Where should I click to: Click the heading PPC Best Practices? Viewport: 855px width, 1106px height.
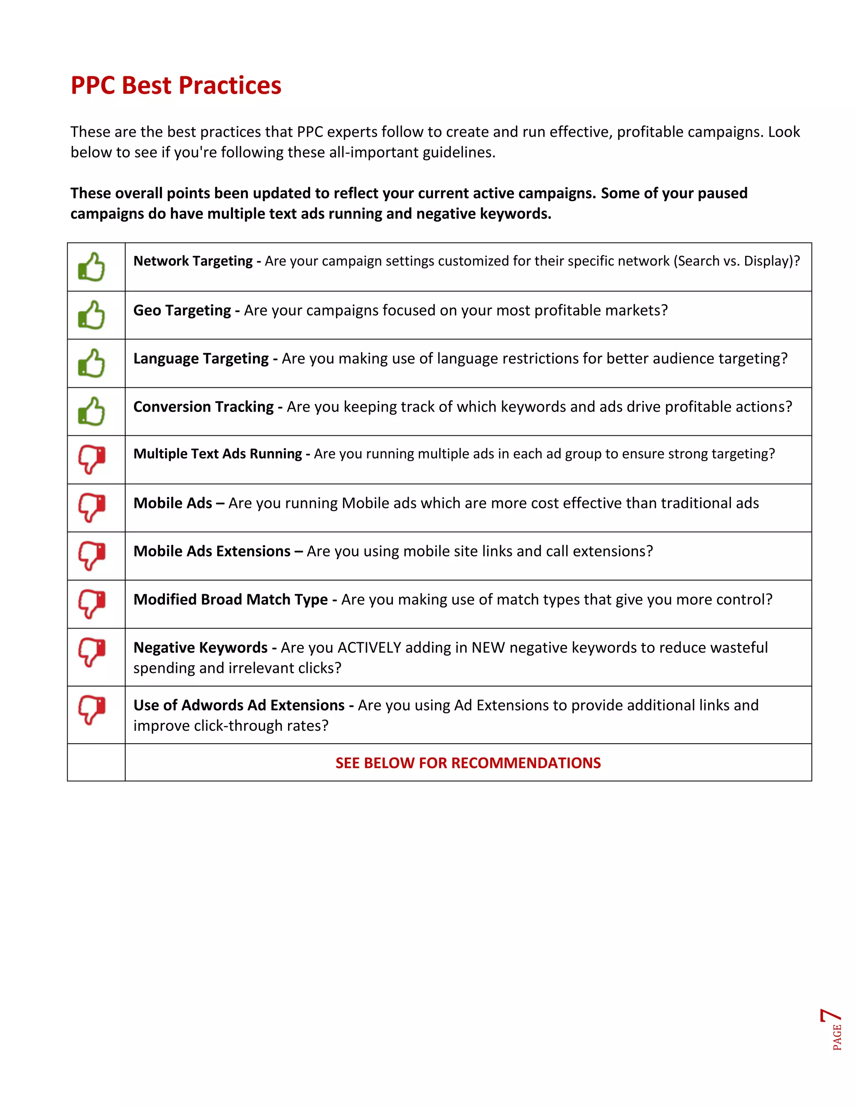(x=176, y=85)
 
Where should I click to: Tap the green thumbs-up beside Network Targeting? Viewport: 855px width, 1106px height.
(x=92, y=267)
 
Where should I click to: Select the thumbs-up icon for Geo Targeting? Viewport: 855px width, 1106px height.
(x=92, y=315)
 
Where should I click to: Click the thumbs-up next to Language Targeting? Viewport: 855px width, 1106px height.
(x=92, y=363)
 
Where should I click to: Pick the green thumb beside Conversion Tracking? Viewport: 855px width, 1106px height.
(x=92, y=411)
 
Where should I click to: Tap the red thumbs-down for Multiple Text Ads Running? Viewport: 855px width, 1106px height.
(x=92, y=460)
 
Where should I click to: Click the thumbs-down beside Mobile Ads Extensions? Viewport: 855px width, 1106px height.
(x=92, y=556)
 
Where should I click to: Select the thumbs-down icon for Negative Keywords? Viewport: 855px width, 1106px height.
(x=92, y=653)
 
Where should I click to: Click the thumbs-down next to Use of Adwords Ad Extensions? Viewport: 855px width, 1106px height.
(x=92, y=710)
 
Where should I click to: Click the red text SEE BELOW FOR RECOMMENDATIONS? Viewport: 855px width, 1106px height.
(x=468, y=763)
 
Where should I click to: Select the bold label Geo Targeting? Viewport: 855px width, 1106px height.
(x=182, y=310)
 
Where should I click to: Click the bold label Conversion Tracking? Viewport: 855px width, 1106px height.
(x=204, y=407)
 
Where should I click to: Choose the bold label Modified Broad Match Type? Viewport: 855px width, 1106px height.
(x=230, y=600)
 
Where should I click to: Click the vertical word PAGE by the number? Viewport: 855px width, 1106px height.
(x=837, y=1037)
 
